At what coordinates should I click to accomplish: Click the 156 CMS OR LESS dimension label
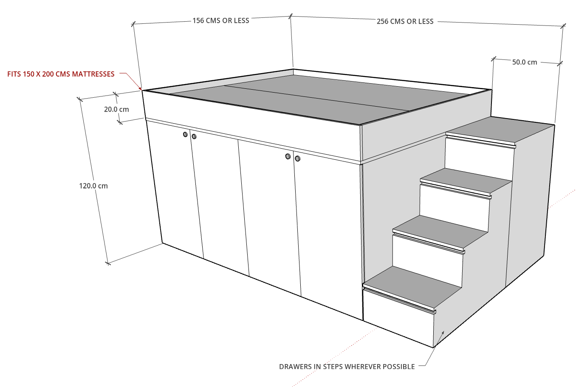(x=221, y=20)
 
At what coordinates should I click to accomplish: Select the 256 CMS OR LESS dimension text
(x=405, y=21)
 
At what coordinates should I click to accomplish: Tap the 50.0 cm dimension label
(x=525, y=62)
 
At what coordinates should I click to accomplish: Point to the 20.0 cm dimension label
(x=116, y=109)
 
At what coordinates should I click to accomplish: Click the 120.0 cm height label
(x=93, y=186)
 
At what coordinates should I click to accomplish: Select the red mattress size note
(x=61, y=74)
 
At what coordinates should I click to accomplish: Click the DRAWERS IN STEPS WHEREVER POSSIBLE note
(x=347, y=367)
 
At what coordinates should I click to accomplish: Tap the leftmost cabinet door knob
(x=185, y=134)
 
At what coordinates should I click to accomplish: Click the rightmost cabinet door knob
(x=297, y=158)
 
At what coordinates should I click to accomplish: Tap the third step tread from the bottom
(x=466, y=180)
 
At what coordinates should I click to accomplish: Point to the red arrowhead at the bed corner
(x=140, y=89)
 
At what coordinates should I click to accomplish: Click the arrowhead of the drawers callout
(x=443, y=333)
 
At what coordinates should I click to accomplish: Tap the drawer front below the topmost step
(x=480, y=159)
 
